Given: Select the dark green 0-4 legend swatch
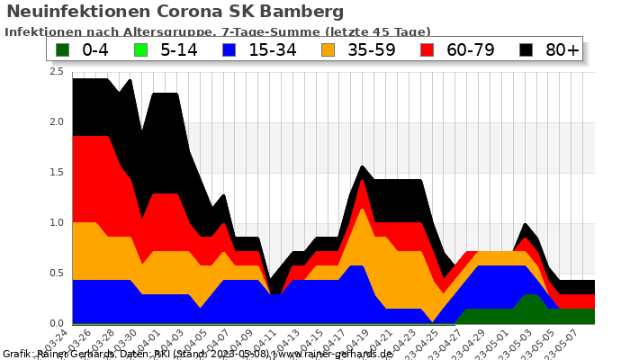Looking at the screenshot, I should coord(63,49).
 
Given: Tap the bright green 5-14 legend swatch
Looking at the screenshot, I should coord(140,49).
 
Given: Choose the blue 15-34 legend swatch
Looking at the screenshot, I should coord(229,49).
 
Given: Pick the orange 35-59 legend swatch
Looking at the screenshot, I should coord(328,49).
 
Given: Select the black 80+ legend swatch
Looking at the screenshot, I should coord(526,49).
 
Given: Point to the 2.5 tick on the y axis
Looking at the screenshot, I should coord(56,72).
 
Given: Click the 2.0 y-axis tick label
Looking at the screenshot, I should coord(56,122).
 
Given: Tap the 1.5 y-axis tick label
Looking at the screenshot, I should coord(56,173).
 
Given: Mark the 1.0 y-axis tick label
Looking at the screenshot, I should coord(56,223).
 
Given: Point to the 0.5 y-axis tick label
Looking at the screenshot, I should coord(56,274).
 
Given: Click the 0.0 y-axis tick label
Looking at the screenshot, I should coord(56,324).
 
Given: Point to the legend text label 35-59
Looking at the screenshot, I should coord(371,49).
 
